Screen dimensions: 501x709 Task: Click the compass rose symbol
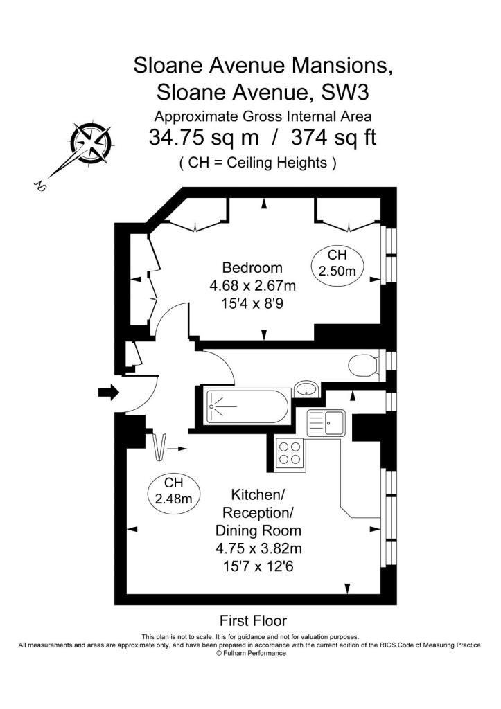tap(91, 143)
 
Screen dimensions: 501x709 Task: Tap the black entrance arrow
tap(109, 392)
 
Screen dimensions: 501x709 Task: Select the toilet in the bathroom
tap(363, 364)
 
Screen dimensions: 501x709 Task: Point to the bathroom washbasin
tap(306, 388)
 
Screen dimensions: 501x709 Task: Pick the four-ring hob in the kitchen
tap(290, 453)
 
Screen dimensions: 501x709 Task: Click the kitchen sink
tap(326, 423)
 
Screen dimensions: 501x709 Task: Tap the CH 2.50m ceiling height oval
tap(337, 264)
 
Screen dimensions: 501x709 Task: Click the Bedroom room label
tap(252, 268)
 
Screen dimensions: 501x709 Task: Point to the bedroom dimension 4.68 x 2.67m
tap(252, 286)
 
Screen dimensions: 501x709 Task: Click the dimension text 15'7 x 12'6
tap(258, 566)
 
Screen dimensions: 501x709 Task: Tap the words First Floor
tap(254, 620)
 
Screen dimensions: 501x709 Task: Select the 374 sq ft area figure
tap(333, 136)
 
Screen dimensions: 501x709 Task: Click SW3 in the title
tap(345, 92)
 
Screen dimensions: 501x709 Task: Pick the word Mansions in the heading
tap(342, 65)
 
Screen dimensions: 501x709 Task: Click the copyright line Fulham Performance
tap(251, 653)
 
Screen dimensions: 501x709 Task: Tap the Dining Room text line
tap(258, 530)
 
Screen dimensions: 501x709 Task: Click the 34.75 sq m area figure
tap(204, 136)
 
